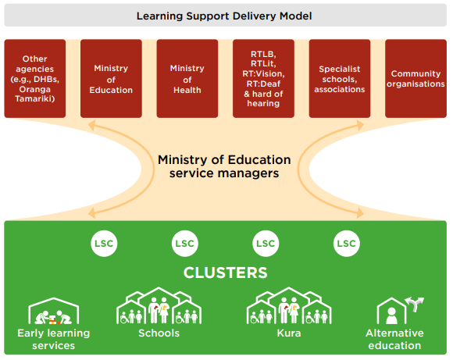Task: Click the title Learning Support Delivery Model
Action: (x=224, y=16)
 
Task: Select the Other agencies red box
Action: (x=35, y=79)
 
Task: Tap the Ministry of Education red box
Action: (x=111, y=79)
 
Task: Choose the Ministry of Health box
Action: (x=187, y=79)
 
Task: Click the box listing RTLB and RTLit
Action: (x=263, y=79)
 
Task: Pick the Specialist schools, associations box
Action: (x=340, y=79)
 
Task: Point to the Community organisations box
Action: (x=416, y=79)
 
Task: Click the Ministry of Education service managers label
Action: (x=224, y=166)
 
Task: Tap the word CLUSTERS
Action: (x=226, y=273)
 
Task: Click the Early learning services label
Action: (x=54, y=339)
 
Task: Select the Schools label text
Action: (x=159, y=333)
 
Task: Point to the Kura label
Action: (x=289, y=333)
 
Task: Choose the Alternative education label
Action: (x=394, y=339)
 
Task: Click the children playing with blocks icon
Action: (x=53, y=317)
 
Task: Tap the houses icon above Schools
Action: (x=159, y=305)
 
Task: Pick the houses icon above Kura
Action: (x=289, y=305)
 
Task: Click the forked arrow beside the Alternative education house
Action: (x=415, y=304)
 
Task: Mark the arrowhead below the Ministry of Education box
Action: (x=91, y=126)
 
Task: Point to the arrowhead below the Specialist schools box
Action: (x=360, y=126)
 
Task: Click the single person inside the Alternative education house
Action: (x=391, y=315)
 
